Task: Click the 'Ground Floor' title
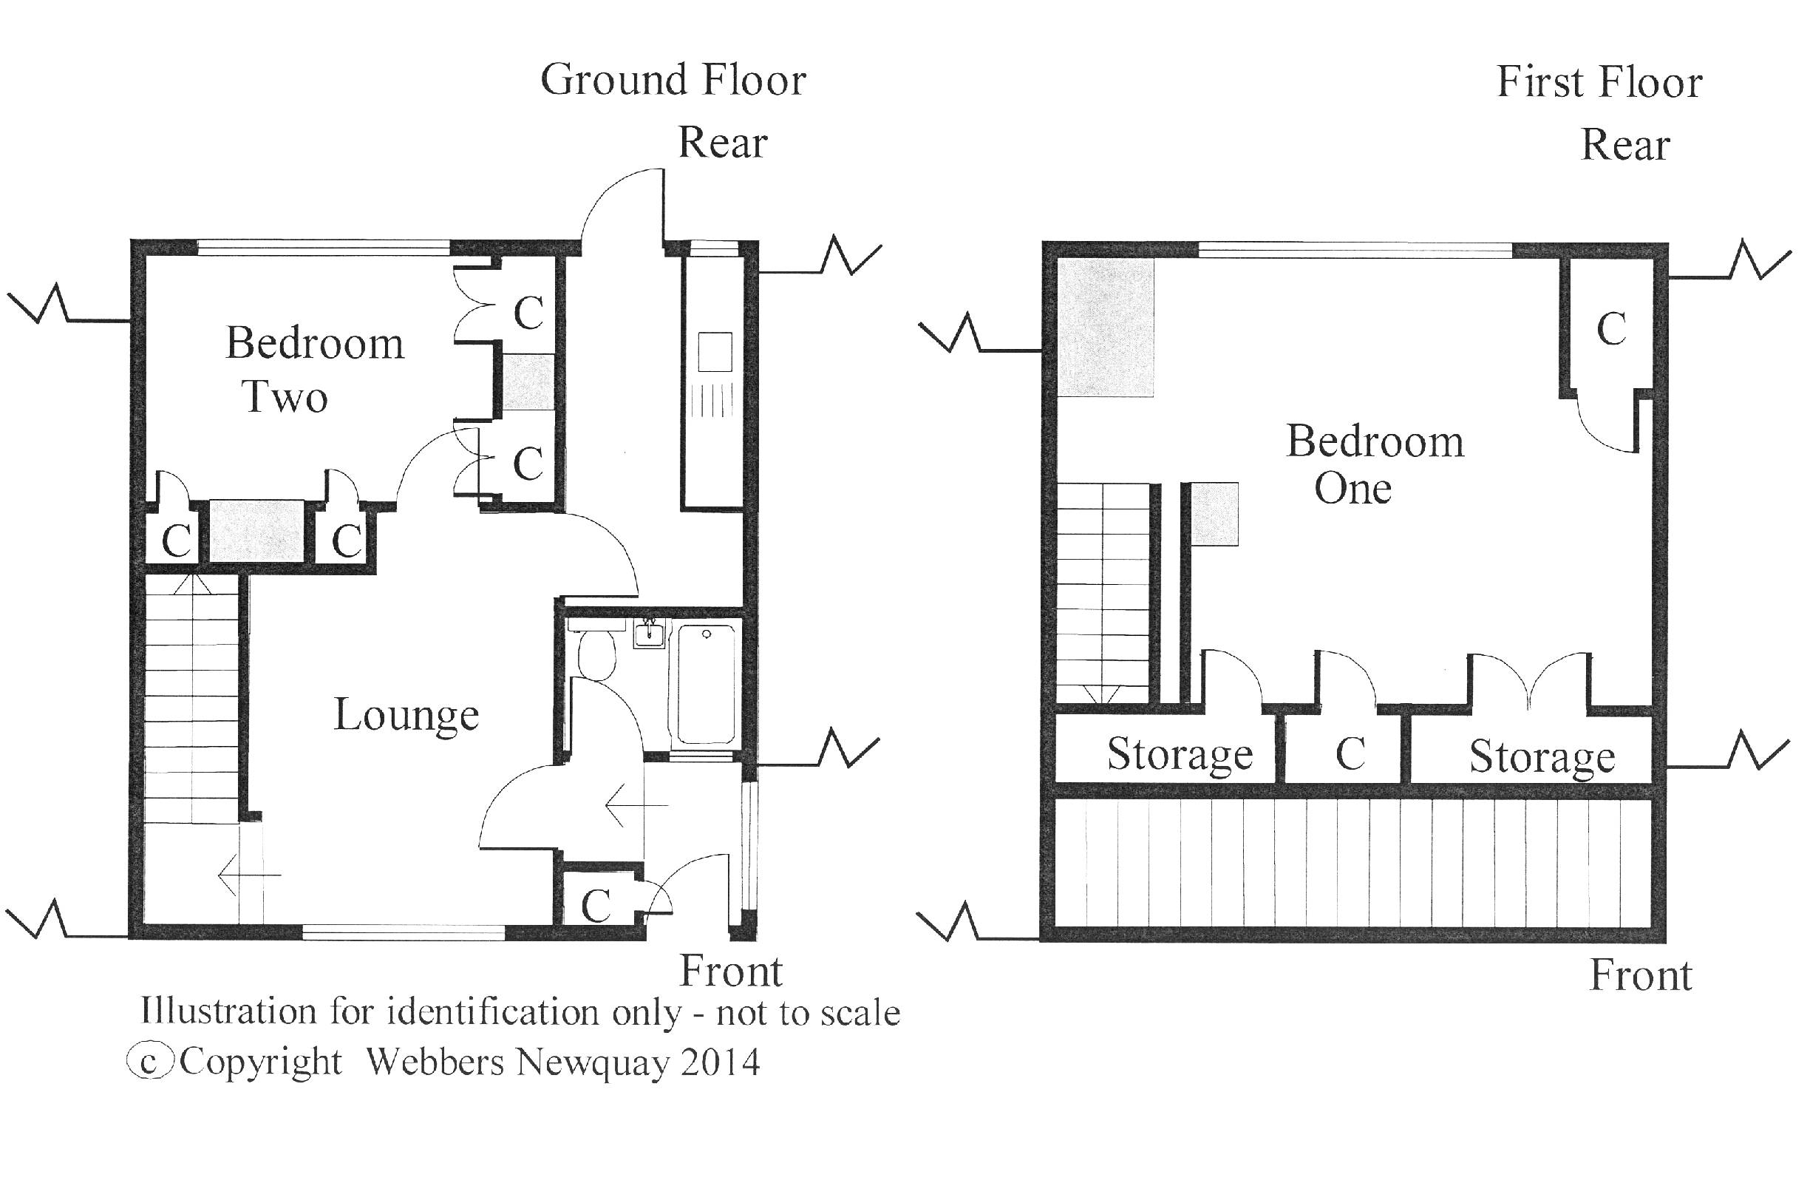click(673, 81)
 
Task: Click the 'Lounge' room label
click(406, 716)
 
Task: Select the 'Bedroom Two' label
click(313, 370)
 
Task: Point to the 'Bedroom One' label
click(1374, 464)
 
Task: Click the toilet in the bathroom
click(596, 654)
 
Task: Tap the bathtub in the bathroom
click(706, 683)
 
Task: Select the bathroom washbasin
click(649, 633)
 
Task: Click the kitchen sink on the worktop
click(714, 352)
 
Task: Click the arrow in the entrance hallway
click(636, 804)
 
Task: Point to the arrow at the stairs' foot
click(248, 875)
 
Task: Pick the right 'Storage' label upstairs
click(1542, 757)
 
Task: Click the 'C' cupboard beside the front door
click(596, 905)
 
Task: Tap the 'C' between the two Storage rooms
click(1350, 754)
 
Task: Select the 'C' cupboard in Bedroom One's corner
click(1611, 330)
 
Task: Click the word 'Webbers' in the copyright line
click(435, 1062)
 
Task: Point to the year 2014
click(719, 1062)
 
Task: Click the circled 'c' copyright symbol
click(150, 1062)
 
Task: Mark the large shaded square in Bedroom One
click(1106, 327)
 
